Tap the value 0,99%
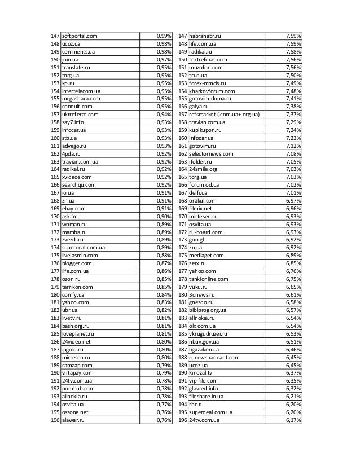[164, 36]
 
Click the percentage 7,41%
[293, 99]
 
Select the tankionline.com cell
[209, 278]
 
